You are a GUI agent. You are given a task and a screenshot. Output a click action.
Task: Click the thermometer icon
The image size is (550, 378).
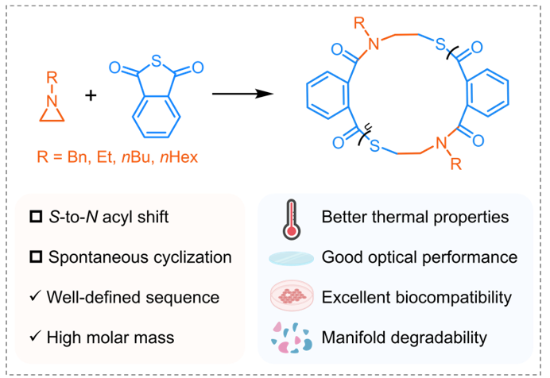point(292,219)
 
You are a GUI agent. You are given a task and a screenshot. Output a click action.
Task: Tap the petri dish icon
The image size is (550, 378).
point(292,295)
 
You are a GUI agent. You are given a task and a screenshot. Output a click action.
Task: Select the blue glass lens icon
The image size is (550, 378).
point(291,258)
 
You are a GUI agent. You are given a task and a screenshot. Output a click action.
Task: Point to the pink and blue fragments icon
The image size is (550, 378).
point(291,337)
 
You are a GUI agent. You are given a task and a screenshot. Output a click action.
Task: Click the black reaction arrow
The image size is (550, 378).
point(242,94)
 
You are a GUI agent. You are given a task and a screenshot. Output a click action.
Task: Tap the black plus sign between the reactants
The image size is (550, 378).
point(91,95)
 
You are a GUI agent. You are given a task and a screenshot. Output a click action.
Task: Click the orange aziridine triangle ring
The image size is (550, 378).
point(52,114)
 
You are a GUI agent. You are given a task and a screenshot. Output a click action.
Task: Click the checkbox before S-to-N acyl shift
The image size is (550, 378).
point(36,217)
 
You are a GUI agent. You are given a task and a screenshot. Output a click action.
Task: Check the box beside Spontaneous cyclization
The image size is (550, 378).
point(36,256)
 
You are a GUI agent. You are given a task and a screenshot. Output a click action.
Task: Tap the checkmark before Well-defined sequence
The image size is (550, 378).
point(36,296)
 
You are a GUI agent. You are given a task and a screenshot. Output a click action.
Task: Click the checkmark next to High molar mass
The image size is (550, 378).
point(36,336)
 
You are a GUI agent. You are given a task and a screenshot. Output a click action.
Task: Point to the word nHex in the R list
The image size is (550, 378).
point(179,156)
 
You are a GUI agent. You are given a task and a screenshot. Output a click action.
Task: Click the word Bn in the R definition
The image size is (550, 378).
point(77,156)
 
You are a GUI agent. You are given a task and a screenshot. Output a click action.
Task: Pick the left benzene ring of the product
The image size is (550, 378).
point(327,95)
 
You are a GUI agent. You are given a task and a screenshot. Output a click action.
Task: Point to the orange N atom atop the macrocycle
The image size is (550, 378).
point(374,44)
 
